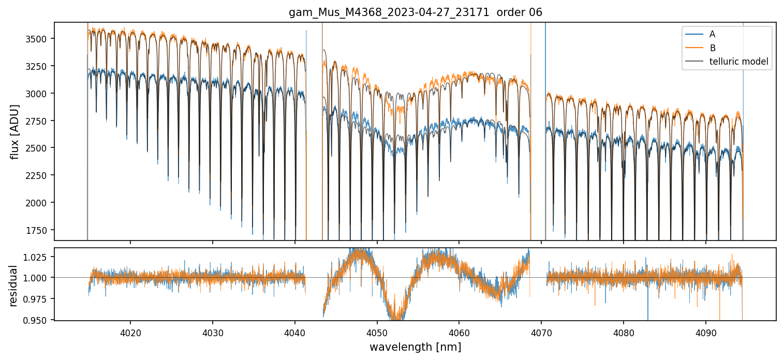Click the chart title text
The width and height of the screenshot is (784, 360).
pyautogui.click(x=415, y=12)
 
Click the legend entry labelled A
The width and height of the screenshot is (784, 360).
pyautogui.click(x=712, y=34)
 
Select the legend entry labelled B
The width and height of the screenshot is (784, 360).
pyautogui.click(x=712, y=48)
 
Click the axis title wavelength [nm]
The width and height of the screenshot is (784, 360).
pyautogui.click(x=415, y=347)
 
